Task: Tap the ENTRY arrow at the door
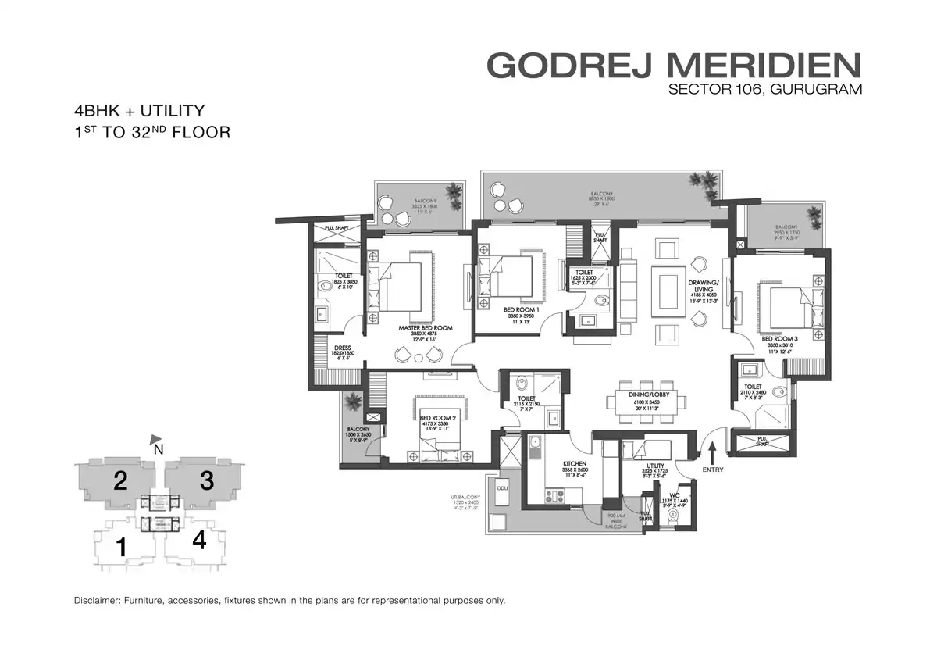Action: (712, 451)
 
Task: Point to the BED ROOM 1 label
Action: (521, 309)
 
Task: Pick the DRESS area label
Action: (341, 349)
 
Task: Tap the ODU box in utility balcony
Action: (503, 488)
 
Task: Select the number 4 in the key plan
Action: (199, 541)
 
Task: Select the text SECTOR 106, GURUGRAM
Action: (765, 89)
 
